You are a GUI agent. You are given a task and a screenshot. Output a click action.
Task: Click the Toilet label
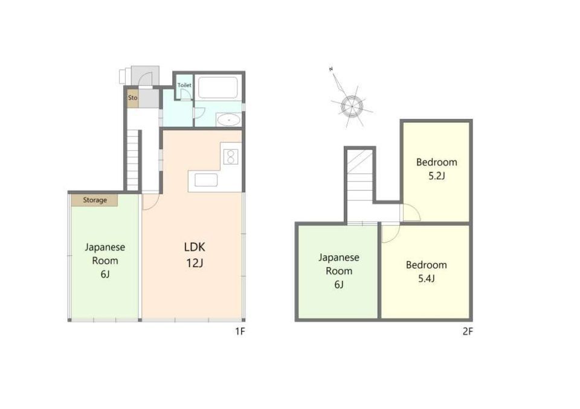coord(184,85)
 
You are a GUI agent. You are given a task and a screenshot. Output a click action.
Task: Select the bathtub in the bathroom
coord(217,87)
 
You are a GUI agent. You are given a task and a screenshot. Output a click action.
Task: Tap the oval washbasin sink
coord(228,119)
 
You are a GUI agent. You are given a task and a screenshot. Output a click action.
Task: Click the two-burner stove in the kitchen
coord(231,156)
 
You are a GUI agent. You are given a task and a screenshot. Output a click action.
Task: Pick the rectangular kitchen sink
coord(206,180)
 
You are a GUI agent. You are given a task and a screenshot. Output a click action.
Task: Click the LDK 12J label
coord(195,255)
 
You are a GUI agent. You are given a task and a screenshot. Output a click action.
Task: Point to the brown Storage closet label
coord(95,200)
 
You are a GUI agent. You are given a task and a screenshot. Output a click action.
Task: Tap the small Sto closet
coord(133,98)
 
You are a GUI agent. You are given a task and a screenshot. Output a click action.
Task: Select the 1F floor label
coord(240,331)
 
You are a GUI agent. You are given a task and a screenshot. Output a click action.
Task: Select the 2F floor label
coord(468,331)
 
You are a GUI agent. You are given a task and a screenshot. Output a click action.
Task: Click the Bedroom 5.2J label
coord(436,168)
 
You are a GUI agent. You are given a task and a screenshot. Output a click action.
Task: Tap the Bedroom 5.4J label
coord(426,271)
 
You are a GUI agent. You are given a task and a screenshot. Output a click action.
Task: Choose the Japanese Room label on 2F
coord(339,271)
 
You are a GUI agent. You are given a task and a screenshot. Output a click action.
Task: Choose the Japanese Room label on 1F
coord(105,261)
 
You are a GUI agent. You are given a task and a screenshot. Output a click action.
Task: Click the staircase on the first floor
coord(133,160)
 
